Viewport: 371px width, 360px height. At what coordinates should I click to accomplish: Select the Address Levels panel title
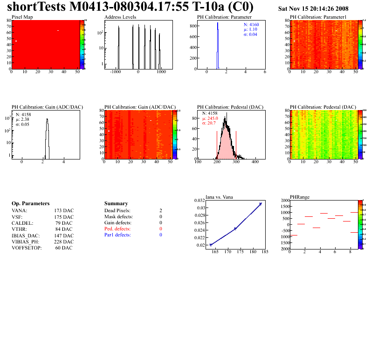(x=120, y=17)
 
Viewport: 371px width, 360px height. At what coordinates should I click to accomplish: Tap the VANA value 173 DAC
(x=64, y=211)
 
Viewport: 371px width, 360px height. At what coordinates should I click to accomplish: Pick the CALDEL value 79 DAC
(x=64, y=223)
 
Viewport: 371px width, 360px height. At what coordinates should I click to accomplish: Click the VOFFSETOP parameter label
(x=27, y=248)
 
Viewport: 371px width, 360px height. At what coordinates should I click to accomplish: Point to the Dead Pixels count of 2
(x=160, y=211)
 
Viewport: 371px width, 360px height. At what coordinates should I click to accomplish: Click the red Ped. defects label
(x=117, y=229)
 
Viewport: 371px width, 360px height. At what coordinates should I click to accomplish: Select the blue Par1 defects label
(x=117, y=235)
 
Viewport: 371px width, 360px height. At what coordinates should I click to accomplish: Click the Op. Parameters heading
(x=30, y=204)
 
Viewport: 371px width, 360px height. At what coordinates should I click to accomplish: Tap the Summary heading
(x=116, y=204)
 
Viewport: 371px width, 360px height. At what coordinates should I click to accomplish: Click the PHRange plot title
(x=299, y=197)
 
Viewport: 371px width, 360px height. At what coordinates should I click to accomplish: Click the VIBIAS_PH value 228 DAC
(x=64, y=242)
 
